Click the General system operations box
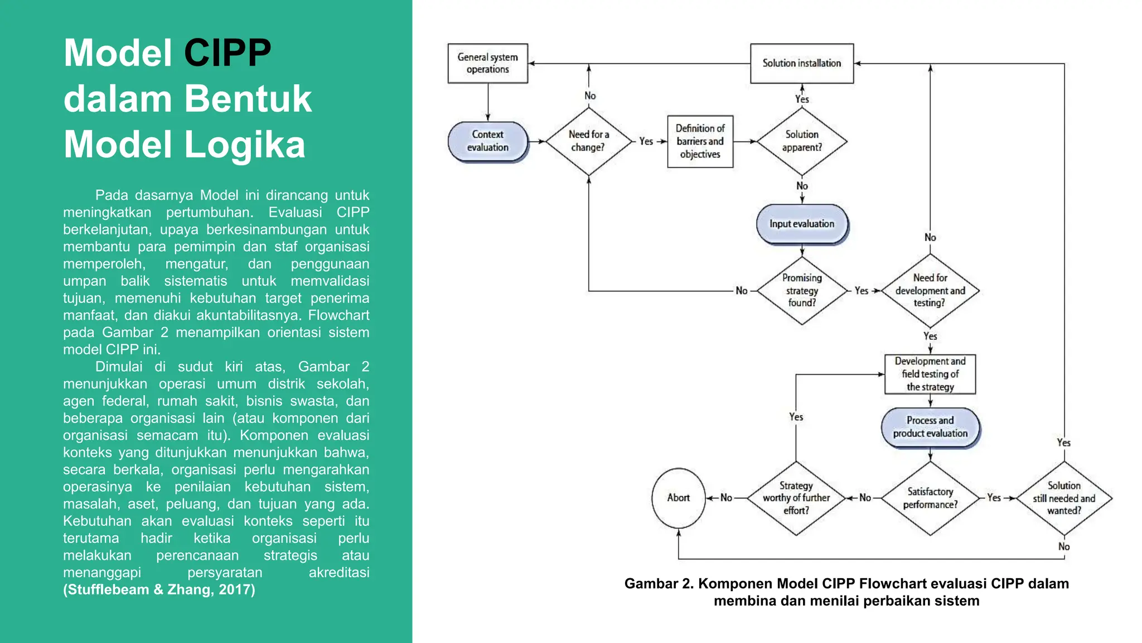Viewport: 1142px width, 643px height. coord(487,63)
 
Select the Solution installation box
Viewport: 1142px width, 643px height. coord(801,63)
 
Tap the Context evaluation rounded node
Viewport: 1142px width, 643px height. coord(487,141)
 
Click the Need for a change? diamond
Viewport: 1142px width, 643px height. coord(588,141)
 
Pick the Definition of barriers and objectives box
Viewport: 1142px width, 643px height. coord(700,141)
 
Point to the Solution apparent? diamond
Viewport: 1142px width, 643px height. coord(801,141)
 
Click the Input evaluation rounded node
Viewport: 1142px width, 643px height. coord(801,224)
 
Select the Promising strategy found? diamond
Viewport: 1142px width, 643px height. coord(801,290)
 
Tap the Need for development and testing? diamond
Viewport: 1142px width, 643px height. coord(930,290)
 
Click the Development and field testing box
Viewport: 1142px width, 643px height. coord(930,374)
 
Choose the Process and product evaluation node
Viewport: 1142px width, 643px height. coord(930,427)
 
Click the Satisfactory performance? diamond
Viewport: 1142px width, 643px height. coord(930,498)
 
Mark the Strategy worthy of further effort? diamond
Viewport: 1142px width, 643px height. coord(796,498)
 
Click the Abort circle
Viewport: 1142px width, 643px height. coord(678,498)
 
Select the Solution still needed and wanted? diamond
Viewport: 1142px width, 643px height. coord(1063,498)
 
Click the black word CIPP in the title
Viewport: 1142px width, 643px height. coord(227,53)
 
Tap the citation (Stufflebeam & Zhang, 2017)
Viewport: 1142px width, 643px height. coord(159,590)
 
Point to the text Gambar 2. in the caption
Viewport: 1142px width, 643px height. coord(659,584)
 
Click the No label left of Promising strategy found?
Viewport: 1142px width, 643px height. coord(741,291)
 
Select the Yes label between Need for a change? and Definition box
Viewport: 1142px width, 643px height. coord(646,142)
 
